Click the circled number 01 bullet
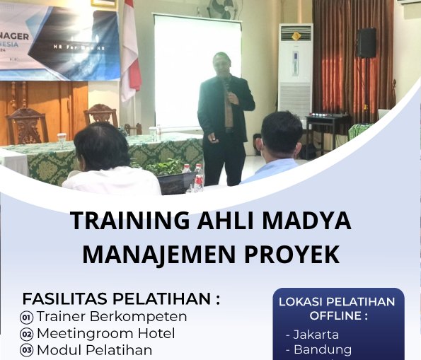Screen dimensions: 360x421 [27, 317]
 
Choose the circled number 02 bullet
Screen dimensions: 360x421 [27, 334]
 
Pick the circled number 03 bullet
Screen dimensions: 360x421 [27, 350]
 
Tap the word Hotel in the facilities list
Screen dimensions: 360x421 [156, 333]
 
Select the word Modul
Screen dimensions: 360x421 [59, 350]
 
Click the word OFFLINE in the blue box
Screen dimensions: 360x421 [338, 316]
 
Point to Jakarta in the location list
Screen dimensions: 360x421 [316, 335]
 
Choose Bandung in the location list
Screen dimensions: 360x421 [322, 349]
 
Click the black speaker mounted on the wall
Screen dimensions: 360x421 [367, 43]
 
